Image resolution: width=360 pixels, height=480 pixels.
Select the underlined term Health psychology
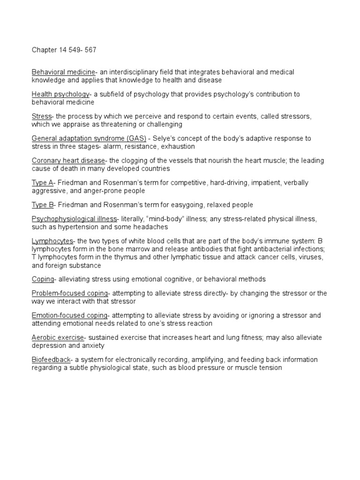pos(60,94)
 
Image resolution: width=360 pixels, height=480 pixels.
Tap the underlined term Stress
pos(42,116)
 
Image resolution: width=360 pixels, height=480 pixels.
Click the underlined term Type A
pos(42,183)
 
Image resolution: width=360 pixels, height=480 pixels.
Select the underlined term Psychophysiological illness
pos(74,218)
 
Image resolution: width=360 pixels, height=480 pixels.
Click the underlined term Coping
pos(43,279)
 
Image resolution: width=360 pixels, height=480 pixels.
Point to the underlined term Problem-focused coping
pos(70,293)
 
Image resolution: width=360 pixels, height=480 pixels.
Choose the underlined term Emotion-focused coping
pos(70,315)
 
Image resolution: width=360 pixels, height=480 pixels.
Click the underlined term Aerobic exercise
pos(58,337)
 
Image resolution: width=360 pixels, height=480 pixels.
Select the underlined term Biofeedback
pos(51,360)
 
